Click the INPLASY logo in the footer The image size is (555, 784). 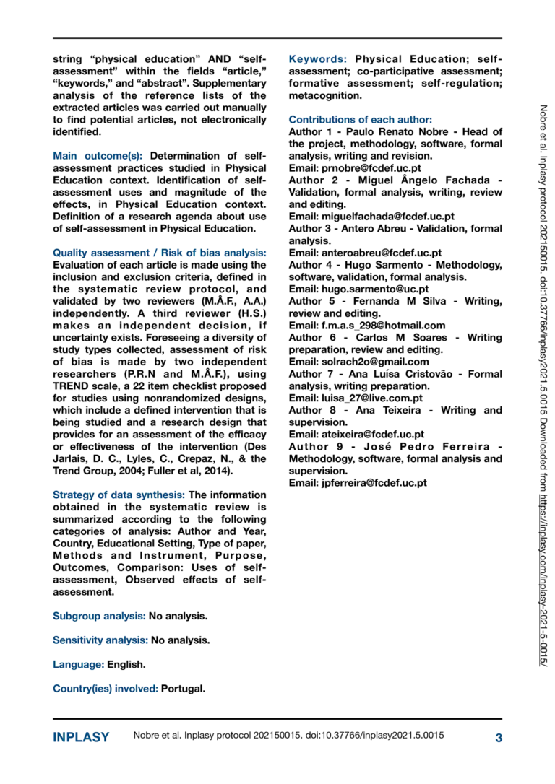coord(81,738)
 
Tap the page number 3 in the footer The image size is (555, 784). coord(499,738)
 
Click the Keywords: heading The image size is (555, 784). coord(319,59)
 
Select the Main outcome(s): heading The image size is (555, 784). coord(98,155)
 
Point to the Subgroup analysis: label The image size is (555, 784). coord(99,616)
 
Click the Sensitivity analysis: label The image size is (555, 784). coord(100,640)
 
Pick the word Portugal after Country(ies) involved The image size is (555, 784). coord(183,688)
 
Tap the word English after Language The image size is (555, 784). coord(126,663)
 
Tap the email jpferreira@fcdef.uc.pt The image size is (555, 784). coord(374,483)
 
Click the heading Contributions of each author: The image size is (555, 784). coord(360,119)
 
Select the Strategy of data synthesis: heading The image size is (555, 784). coord(119,495)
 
